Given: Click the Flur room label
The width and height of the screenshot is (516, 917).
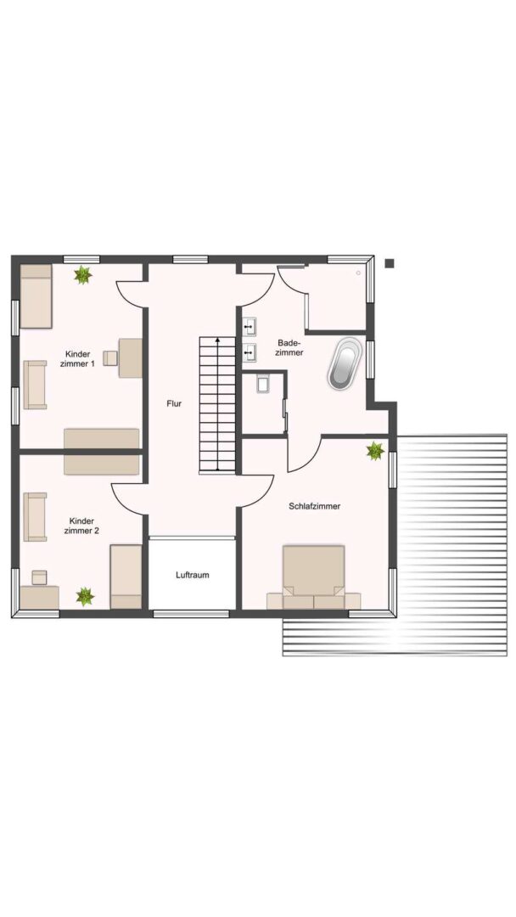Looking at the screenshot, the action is tap(174, 403).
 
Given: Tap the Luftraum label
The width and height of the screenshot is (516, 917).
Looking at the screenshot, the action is tap(193, 575).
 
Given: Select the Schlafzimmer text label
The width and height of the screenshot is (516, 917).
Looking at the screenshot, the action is tap(314, 506).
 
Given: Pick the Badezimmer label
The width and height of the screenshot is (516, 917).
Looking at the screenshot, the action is tap(290, 347).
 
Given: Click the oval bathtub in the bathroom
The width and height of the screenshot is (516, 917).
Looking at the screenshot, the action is tap(345, 363).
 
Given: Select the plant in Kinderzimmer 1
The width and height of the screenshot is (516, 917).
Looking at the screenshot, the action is tap(83, 275).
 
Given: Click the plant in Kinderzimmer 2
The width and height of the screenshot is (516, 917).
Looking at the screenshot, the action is tap(86, 597).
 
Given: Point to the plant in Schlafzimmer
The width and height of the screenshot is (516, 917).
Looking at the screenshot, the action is tap(374, 451).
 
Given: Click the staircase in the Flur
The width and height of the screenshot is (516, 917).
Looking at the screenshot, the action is tap(217, 404).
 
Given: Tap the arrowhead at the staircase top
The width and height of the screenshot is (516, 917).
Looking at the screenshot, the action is tap(217, 339).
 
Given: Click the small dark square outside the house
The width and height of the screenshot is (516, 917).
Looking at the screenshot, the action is tap(390, 263).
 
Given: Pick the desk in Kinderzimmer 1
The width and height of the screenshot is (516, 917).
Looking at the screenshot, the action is tap(131, 358).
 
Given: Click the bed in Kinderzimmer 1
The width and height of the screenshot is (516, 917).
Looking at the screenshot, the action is tap(36, 296).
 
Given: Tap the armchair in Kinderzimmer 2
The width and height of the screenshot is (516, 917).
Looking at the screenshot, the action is tap(35, 517).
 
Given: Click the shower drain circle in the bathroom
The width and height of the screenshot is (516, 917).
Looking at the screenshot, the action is tap(358, 273).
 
